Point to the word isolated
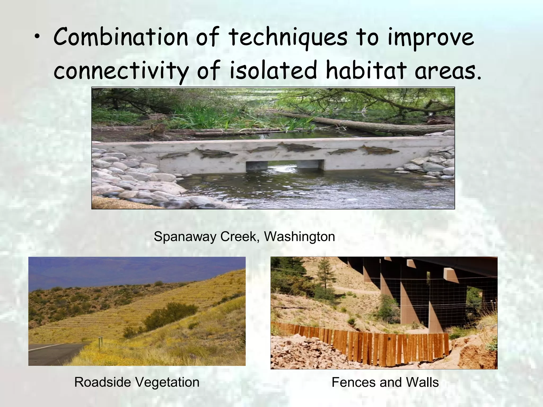(273, 70)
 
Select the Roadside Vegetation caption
(137, 382)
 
